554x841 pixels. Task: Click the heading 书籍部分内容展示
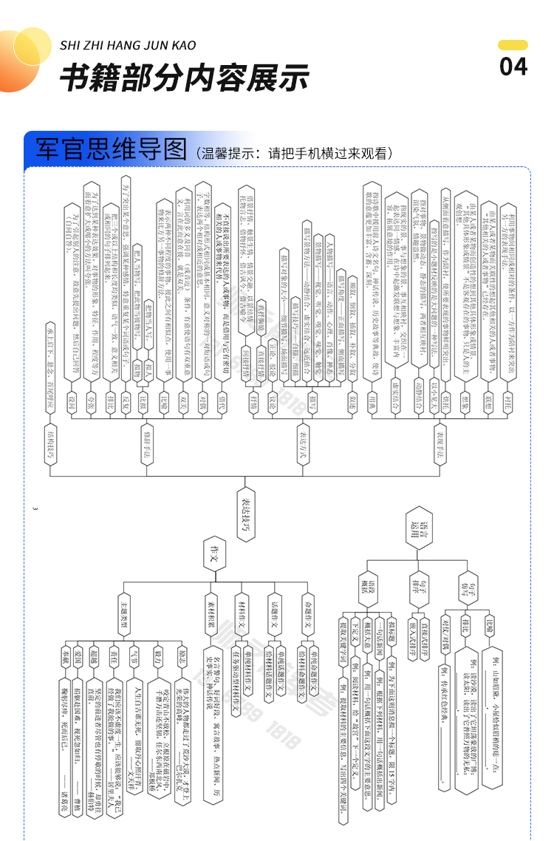pyautogui.click(x=184, y=77)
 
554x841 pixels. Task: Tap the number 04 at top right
pyautogui.click(x=513, y=67)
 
